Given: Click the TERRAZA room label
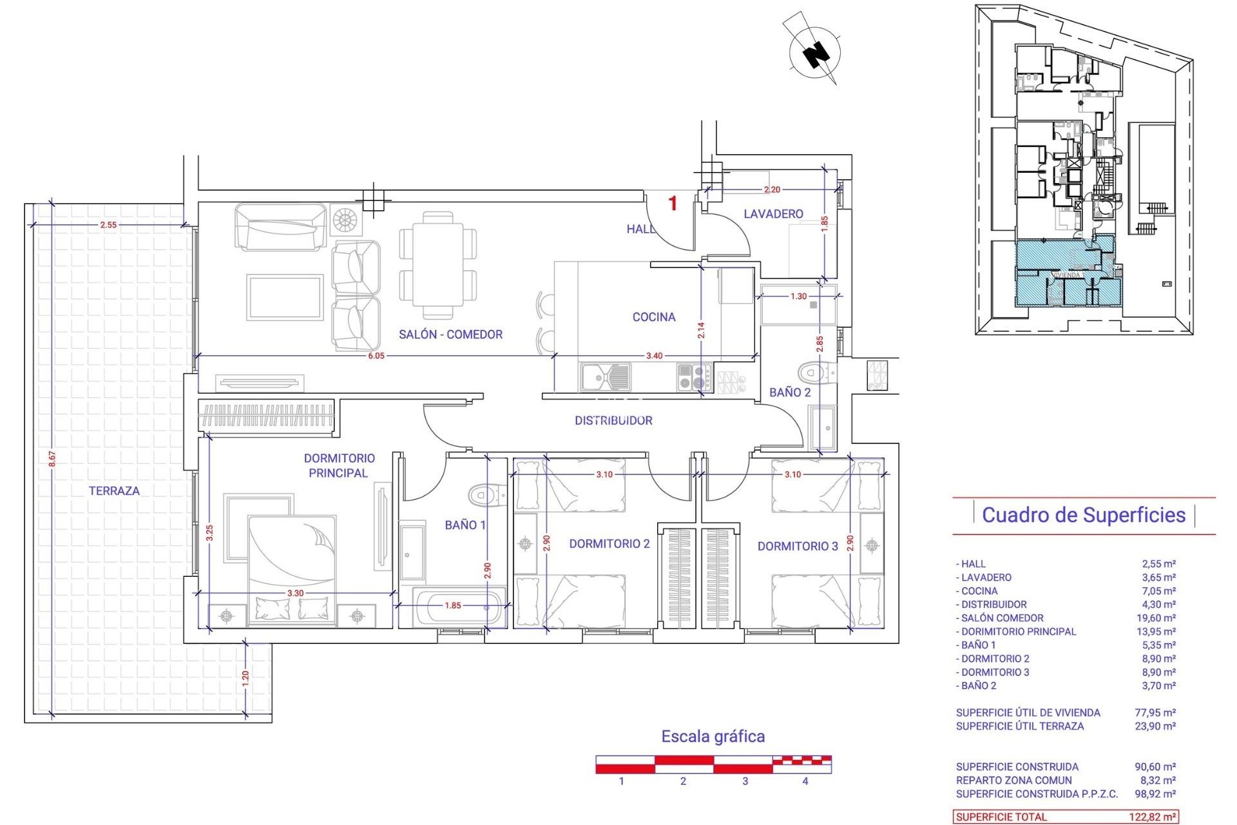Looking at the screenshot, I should [x=114, y=490].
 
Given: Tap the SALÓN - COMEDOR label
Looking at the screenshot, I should [x=450, y=335].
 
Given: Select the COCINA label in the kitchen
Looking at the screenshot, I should [x=654, y=317].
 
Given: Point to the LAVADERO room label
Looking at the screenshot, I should [x=773, y=214].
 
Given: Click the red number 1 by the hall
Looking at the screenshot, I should [x=673, y=204].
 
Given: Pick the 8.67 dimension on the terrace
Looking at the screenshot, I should [x=52, y=459].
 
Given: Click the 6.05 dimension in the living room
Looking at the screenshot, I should [x=376, y=356].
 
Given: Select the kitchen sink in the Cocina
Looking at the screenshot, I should [x=606, y=377].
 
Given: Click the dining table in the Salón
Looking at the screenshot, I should [x=438, y=266].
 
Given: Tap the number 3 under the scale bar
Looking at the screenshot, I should [x=745, y=781].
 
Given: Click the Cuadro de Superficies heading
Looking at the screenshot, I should [x=1084, y=515].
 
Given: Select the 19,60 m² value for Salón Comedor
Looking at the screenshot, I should [x=1158, y=618].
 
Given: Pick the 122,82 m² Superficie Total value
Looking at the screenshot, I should [x=1153, y=817].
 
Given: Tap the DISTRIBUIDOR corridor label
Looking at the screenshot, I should [x=613, y=421].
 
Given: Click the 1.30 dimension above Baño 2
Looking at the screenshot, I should [x=798, y=296].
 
